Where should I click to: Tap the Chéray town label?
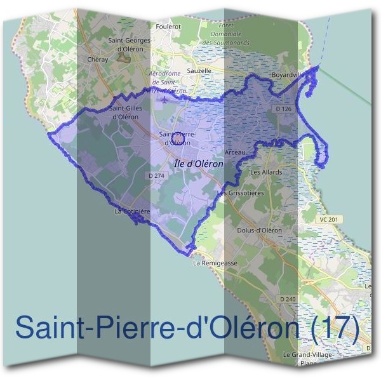[97, 58]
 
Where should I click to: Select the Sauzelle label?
[199, 71]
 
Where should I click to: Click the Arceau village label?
[236, 153]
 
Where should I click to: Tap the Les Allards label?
[266, 172]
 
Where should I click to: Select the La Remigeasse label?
[215, 262]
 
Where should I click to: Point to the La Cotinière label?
[132, 211]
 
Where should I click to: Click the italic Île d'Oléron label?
[198, 163]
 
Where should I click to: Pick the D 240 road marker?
[287, 298]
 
